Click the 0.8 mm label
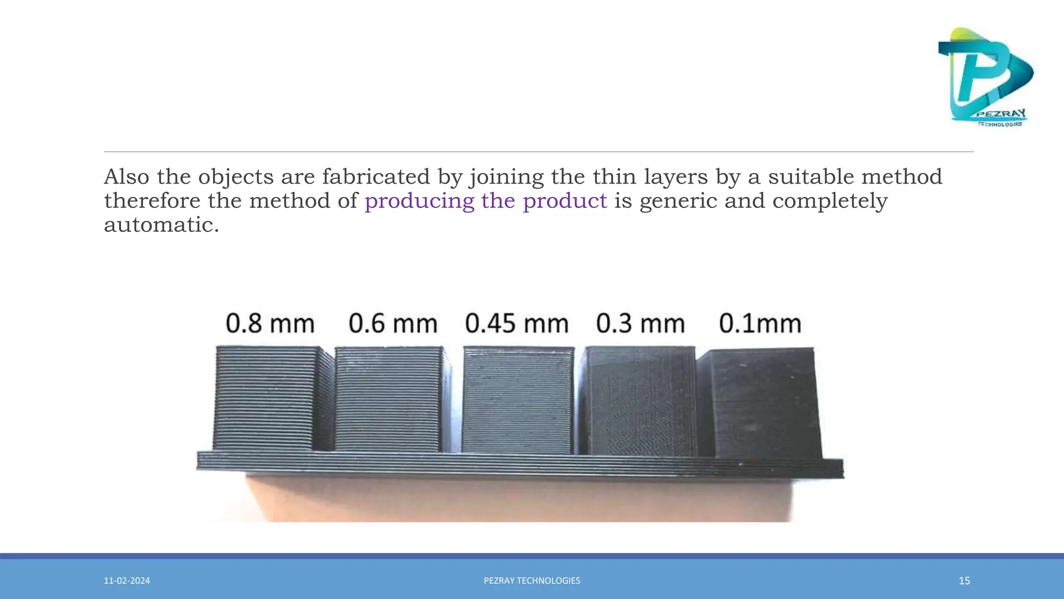tap(270, 323)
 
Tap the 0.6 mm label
tap(393, 323)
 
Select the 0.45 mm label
tap(516, 323)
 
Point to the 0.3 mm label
tap(640, 323)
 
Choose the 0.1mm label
tap(760, 323)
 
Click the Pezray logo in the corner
tap(985, 77)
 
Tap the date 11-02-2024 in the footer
tap(127, 581)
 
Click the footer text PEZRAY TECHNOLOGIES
tap(532, 581)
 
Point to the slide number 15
tap(964, 581)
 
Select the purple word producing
tap(419, 201)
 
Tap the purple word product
tap(565, 201)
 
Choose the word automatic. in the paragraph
tap(162, 225)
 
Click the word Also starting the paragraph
tap(126, 177)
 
